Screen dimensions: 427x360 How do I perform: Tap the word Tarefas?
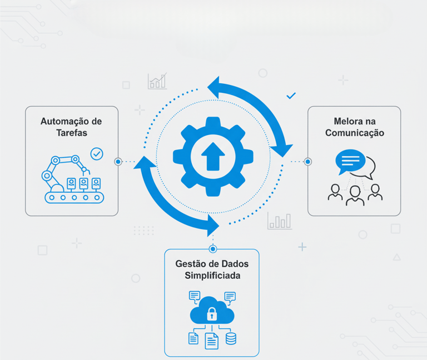pos(71,133)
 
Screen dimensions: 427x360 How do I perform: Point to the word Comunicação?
pos(354,133)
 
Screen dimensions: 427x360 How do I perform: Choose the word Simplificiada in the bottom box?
pos(212,276)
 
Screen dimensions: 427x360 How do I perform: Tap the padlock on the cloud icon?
pos(212,314)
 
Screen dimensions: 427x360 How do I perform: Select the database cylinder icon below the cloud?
pos(231,338)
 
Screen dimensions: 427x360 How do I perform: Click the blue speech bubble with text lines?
pos(350,161)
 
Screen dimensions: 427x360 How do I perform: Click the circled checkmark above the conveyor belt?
pos(97,153)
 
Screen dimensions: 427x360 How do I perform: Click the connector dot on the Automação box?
pos(118,162)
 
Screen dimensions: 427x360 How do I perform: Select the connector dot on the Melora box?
pos(307,162)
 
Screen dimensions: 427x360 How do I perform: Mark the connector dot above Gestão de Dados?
pos(212,249)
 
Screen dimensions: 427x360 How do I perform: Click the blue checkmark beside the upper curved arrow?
pos(291,96)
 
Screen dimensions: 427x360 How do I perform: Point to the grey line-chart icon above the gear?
pos(157,81)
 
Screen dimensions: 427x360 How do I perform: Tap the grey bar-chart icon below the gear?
pos(279,221)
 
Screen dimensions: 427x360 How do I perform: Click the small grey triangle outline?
pos(396,257)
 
